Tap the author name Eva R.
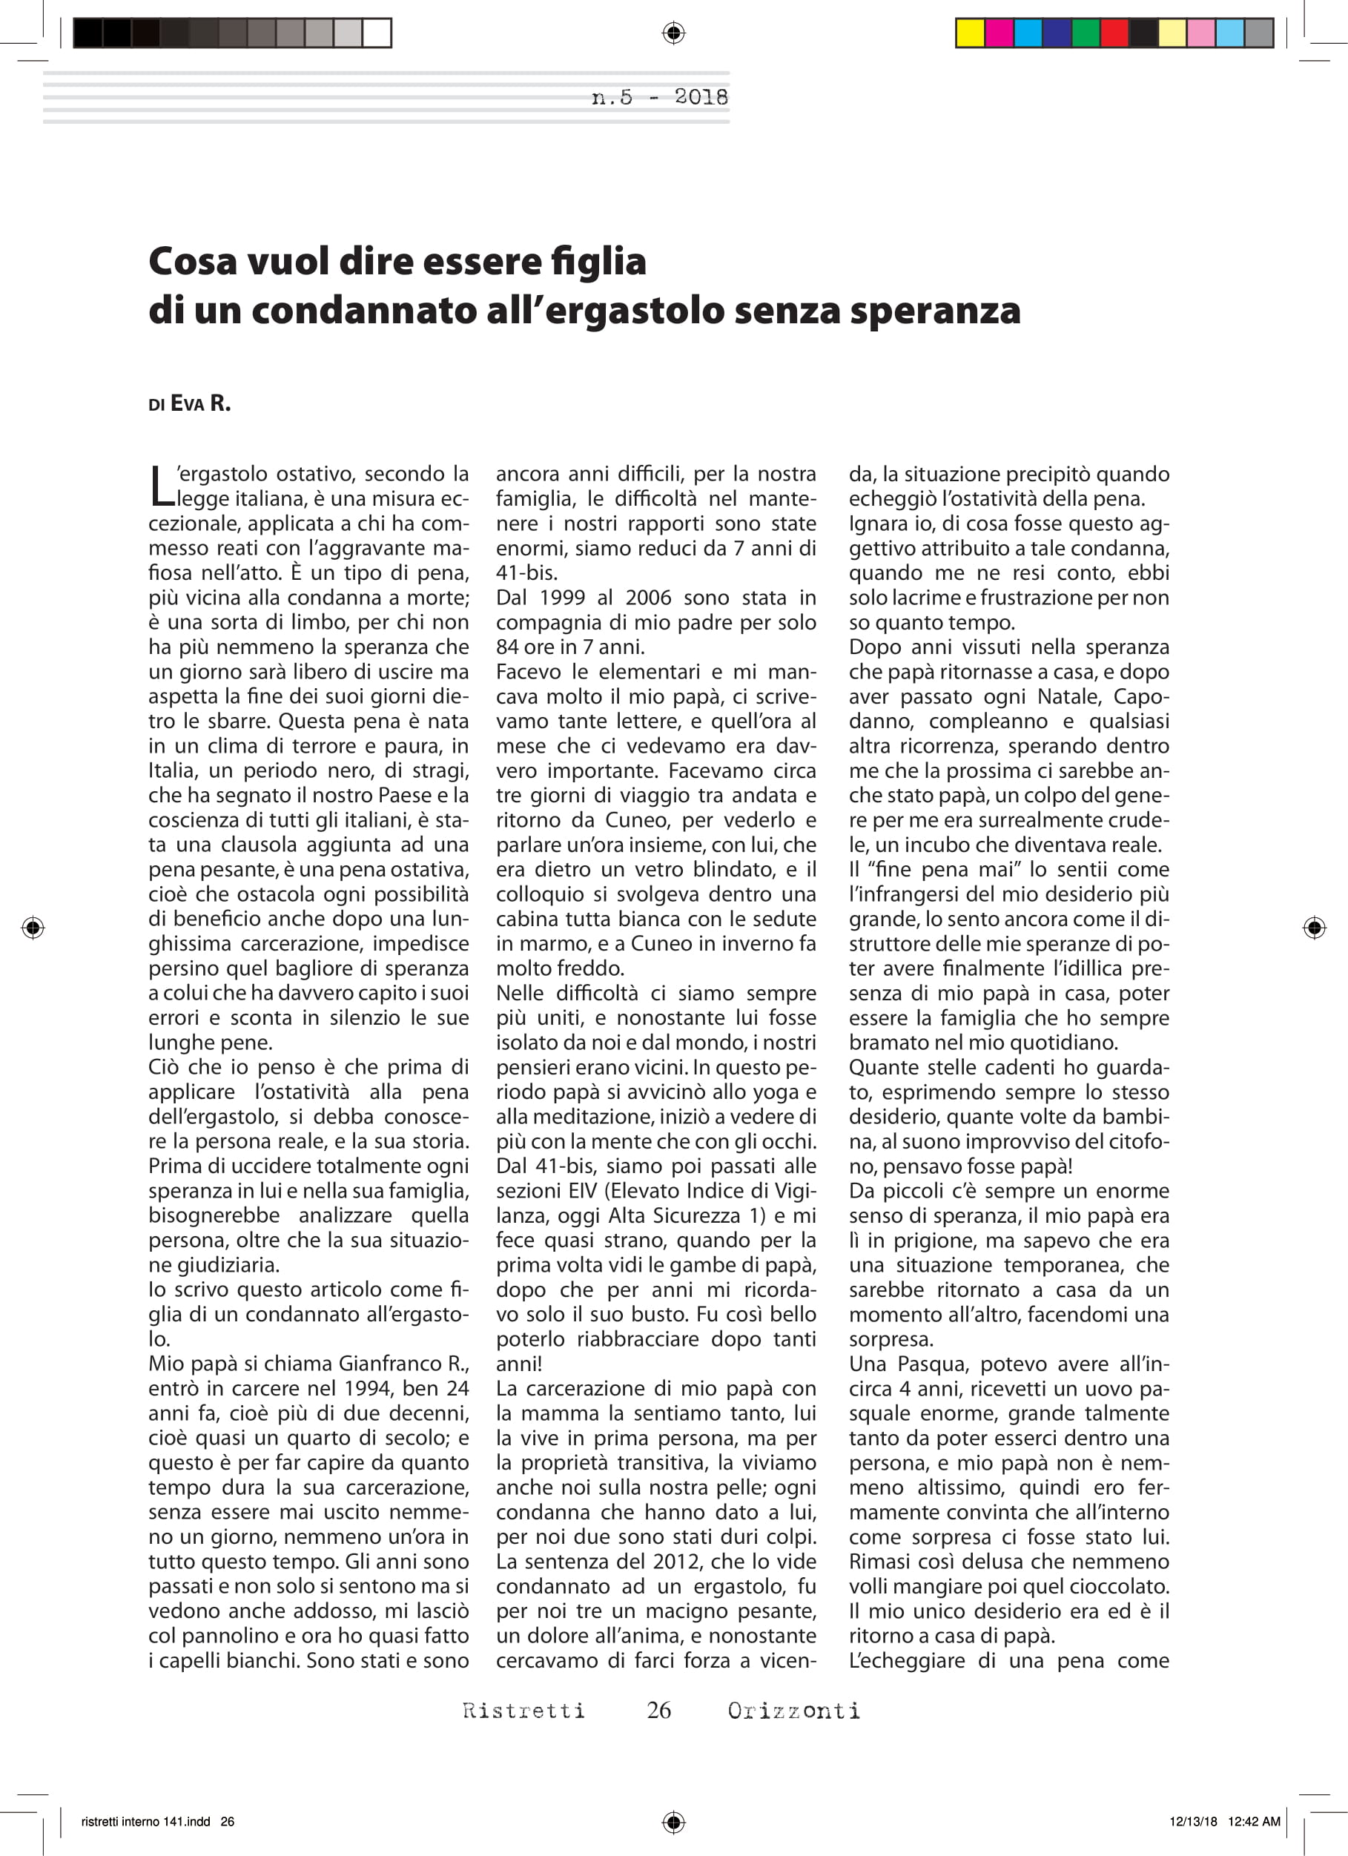199,403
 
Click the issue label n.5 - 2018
660,97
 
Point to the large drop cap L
162,486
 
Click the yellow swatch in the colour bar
971,33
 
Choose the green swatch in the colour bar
1086,33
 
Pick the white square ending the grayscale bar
377,33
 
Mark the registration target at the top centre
673,33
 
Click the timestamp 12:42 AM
1253,1822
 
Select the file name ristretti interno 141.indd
145,1822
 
